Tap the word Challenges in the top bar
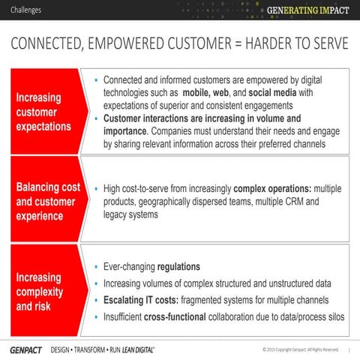click(26, 10)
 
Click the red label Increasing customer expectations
click(43, 112)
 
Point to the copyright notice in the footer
click(301, 349)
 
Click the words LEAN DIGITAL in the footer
click(136, 349)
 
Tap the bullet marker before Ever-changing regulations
click(96, 267)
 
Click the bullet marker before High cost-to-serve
click(96, 187)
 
